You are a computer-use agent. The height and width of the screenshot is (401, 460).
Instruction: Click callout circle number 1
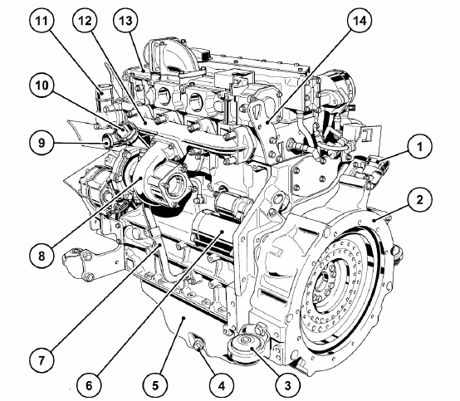pos(420,147)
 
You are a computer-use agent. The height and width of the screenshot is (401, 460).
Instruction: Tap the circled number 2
pos(420,200)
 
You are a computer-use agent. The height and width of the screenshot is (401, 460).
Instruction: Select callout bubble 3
pos(288,385)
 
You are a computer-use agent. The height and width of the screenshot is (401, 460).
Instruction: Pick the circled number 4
pos(222,385)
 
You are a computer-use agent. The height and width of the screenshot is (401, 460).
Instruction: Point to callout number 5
pos(155,385)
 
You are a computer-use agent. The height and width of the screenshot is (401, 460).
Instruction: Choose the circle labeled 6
pos(89,385)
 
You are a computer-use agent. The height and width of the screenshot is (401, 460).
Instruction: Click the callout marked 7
pos(42,359)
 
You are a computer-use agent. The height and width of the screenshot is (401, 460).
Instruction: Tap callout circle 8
pos(42,256)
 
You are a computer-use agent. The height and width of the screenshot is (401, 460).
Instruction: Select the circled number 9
pos(42,143)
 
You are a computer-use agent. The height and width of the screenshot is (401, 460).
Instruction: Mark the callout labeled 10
pos(42,86)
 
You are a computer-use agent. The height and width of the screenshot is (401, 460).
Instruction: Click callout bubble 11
pos(42,21)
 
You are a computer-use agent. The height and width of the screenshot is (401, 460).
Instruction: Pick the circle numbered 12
pos(85,21)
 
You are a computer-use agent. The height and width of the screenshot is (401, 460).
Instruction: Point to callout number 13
pos(126,21)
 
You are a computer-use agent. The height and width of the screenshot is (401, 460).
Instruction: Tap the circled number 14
pos(360,21)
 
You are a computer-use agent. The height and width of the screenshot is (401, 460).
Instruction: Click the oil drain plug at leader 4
pos(197,344)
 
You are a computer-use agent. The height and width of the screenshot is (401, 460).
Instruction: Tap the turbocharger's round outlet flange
pos(173,186)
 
